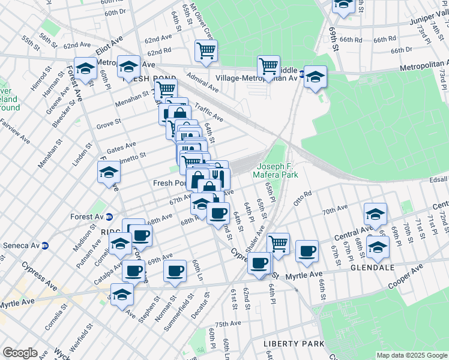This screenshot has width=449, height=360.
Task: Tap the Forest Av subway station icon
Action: point(109,217)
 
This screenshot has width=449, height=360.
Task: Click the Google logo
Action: point(20,353)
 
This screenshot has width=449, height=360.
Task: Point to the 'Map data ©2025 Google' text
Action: point(411,355)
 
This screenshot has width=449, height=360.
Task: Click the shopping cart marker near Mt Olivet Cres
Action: point(206,51)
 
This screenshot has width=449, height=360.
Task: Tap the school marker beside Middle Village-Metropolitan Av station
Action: point(315,76)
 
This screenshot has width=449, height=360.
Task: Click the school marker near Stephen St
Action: point(122,294)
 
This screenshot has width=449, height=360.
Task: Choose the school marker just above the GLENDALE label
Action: point(378,246)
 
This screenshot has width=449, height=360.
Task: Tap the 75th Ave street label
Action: point(228,323)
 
